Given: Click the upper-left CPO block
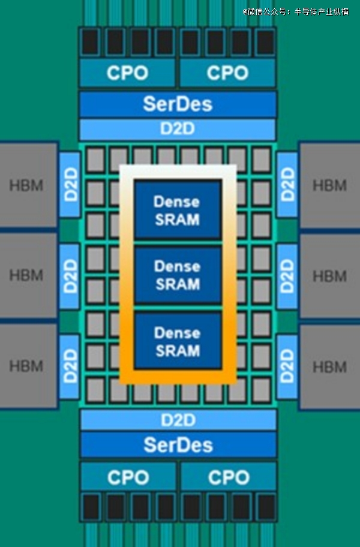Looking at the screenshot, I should [x=127, y=73].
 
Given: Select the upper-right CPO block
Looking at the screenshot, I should [x=227, y=73].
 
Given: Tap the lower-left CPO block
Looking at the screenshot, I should [x=128, y=477].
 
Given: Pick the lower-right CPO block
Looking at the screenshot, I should [x=228, y=477].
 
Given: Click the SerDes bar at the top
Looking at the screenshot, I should [x=178, y=104].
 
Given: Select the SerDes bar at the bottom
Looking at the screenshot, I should [x=178, y=444].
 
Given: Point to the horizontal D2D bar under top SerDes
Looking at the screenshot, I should [x=178, y=130].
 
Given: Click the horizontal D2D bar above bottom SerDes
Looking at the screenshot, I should [x=178, y=419].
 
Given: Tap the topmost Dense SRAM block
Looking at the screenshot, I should [x=178, y=210].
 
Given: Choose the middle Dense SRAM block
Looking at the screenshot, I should [x=178, y=275].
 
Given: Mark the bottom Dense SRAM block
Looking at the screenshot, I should [x=178, y=341].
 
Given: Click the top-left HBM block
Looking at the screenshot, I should [x=27, y=185].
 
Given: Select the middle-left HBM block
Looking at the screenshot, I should [x=27, y=276].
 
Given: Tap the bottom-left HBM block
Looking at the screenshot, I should [x=27, y=365].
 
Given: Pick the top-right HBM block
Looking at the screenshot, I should [x=329, y=185].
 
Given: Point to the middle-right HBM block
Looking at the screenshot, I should [x=329, y=276].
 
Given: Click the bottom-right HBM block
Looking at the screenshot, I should [x=329, y=365].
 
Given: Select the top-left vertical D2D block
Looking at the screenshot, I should [x=70, y=185].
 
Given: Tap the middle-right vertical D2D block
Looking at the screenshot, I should [x=287, y=276].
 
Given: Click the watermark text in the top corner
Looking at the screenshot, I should [x=295, y=11].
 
